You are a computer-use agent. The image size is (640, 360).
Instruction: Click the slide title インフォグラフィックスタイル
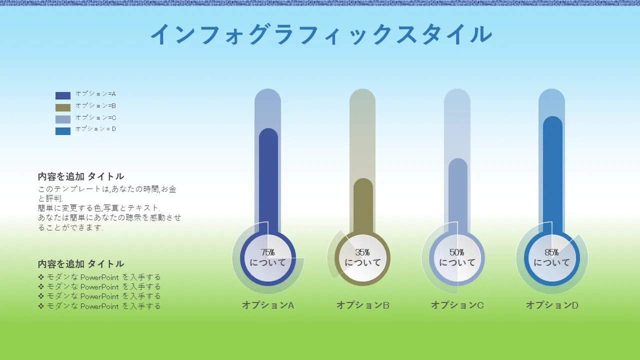[x=321, y=34]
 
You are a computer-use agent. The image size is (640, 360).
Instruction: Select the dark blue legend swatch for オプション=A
[x=63, y=95]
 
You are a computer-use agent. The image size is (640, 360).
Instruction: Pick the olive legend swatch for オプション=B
[x=63, y=107]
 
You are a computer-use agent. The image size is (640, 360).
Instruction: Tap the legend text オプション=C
[x=95, y=117]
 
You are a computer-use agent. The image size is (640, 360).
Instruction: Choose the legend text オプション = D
[x=95, y=129]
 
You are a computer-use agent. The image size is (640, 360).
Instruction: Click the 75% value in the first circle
[x=267, y=252]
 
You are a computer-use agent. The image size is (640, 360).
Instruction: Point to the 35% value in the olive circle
[x=362, y=252]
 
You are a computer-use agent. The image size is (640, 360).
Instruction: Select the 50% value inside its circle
[x=457, y=252]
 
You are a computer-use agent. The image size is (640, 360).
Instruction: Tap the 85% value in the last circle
[x=551, y=252]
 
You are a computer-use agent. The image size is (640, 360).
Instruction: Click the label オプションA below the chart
[x=268, y=305]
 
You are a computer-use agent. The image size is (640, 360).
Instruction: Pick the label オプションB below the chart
[x=363, y=305]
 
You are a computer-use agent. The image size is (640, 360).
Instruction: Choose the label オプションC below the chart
[x=457, y=305]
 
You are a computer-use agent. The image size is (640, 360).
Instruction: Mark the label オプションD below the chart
[x=552, y=305]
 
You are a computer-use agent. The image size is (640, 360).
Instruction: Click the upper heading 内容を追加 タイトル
[x=81, y=176]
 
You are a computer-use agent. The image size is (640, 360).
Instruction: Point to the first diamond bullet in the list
[x=41, y=277]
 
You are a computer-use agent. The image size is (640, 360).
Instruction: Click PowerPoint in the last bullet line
[x=99, y=306]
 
